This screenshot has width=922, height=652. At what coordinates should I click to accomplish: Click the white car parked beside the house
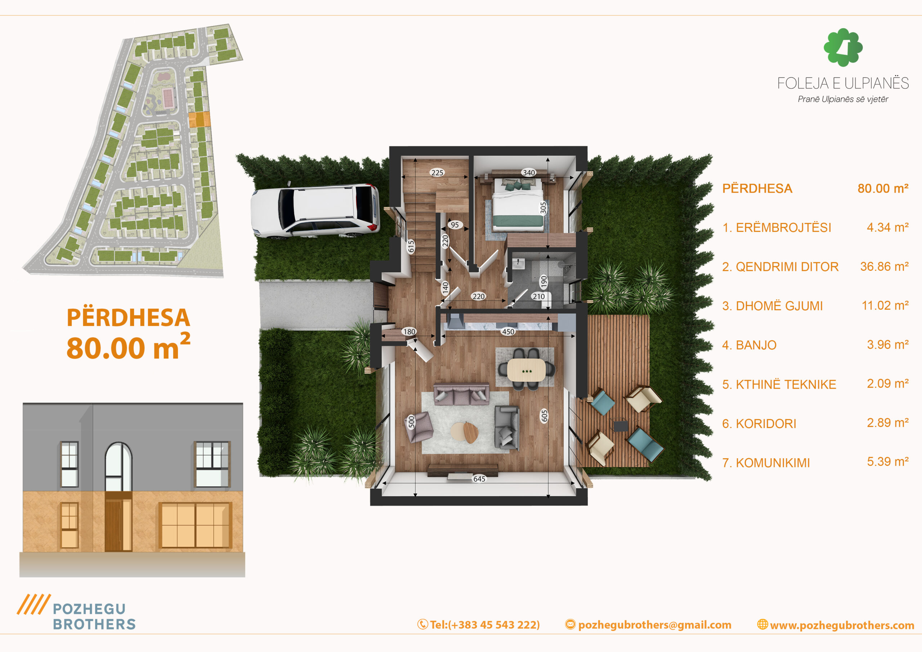point(315,211)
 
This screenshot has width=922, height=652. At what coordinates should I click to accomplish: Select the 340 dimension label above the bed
point(528,173)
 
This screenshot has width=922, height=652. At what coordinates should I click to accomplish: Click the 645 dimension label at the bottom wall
point(479,479)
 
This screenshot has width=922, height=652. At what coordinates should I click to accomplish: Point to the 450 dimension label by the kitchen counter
point(508,332)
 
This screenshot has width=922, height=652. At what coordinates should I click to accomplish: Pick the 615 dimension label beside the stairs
point(411,246)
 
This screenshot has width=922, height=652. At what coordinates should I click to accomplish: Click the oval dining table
point(527,370)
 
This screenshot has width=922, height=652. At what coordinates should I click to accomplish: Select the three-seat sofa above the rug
point(461,394)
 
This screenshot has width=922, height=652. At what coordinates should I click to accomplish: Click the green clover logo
point(843,48)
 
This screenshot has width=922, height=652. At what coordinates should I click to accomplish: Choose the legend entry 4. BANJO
point(749,345)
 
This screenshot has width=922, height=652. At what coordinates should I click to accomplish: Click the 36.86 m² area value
point(884,266)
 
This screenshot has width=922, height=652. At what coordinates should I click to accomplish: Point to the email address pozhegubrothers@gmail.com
point(654,625)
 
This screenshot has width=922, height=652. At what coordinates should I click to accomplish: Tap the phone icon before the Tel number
point(422,624)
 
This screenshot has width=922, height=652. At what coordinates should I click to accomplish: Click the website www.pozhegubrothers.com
point(842,625)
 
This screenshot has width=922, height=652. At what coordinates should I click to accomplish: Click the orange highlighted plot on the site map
point(199,119)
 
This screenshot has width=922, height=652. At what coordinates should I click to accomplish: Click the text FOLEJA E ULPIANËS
point(843,83)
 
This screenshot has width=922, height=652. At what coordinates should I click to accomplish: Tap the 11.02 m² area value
point(885,306)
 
